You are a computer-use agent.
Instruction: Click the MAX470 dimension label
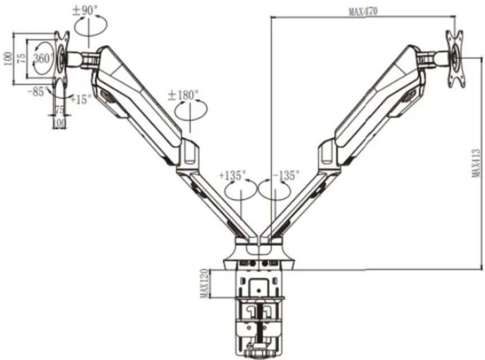click(x=363, y=12)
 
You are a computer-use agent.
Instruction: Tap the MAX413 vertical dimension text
click(x=476, y=163)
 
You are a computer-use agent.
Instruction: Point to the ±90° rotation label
click(x=85, y=11)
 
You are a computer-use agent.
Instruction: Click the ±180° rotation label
click(x=183, y=95)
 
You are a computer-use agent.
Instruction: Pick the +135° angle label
click(x=232, y=175)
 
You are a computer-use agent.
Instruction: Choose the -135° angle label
click(x=286, y=175)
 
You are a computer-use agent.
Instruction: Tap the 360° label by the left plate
click(x=44, y=58)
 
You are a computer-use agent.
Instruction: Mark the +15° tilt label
click(x=81, y=99)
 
